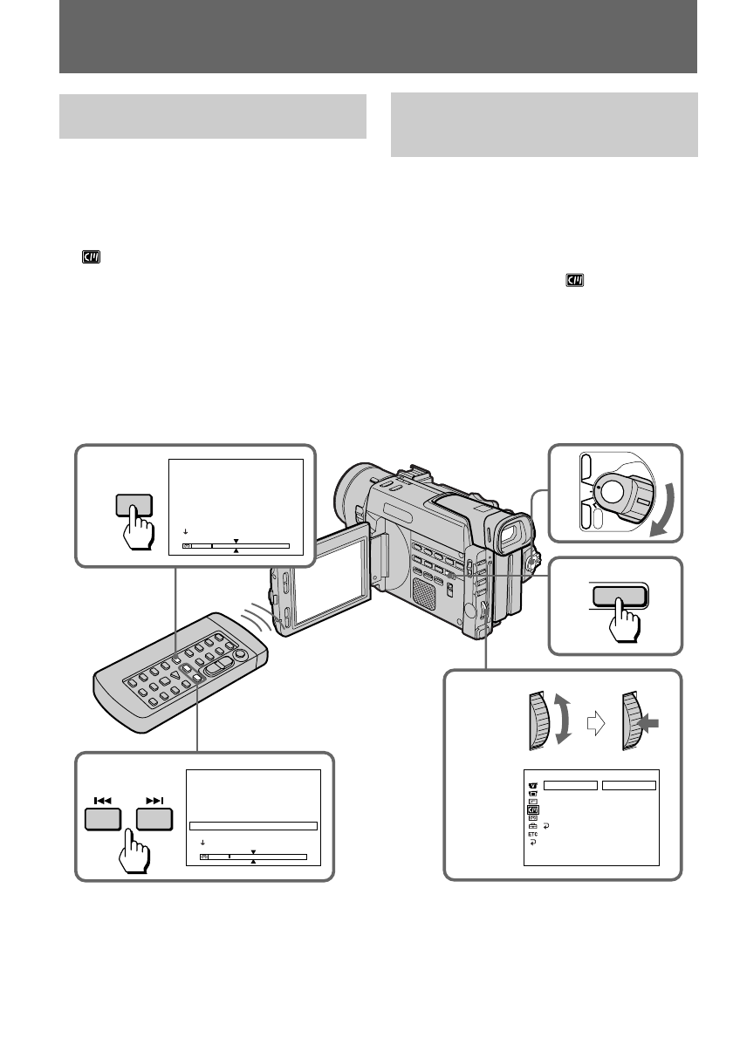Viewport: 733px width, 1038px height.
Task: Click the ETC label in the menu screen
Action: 532,834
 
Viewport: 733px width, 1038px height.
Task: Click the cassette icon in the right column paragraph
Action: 573,280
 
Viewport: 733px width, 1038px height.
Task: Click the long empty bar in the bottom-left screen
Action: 253,825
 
